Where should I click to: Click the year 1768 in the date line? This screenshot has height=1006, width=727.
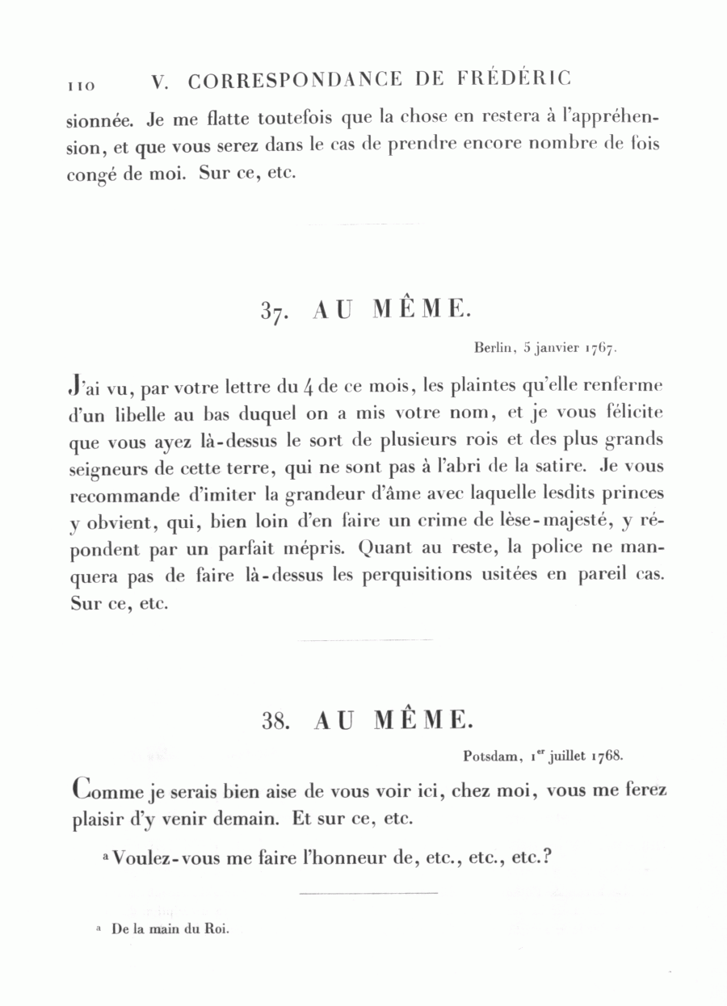tap(605, 757)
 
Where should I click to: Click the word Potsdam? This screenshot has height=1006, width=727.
tap(490, 757)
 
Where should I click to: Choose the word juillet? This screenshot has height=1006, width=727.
tap(567, 757)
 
